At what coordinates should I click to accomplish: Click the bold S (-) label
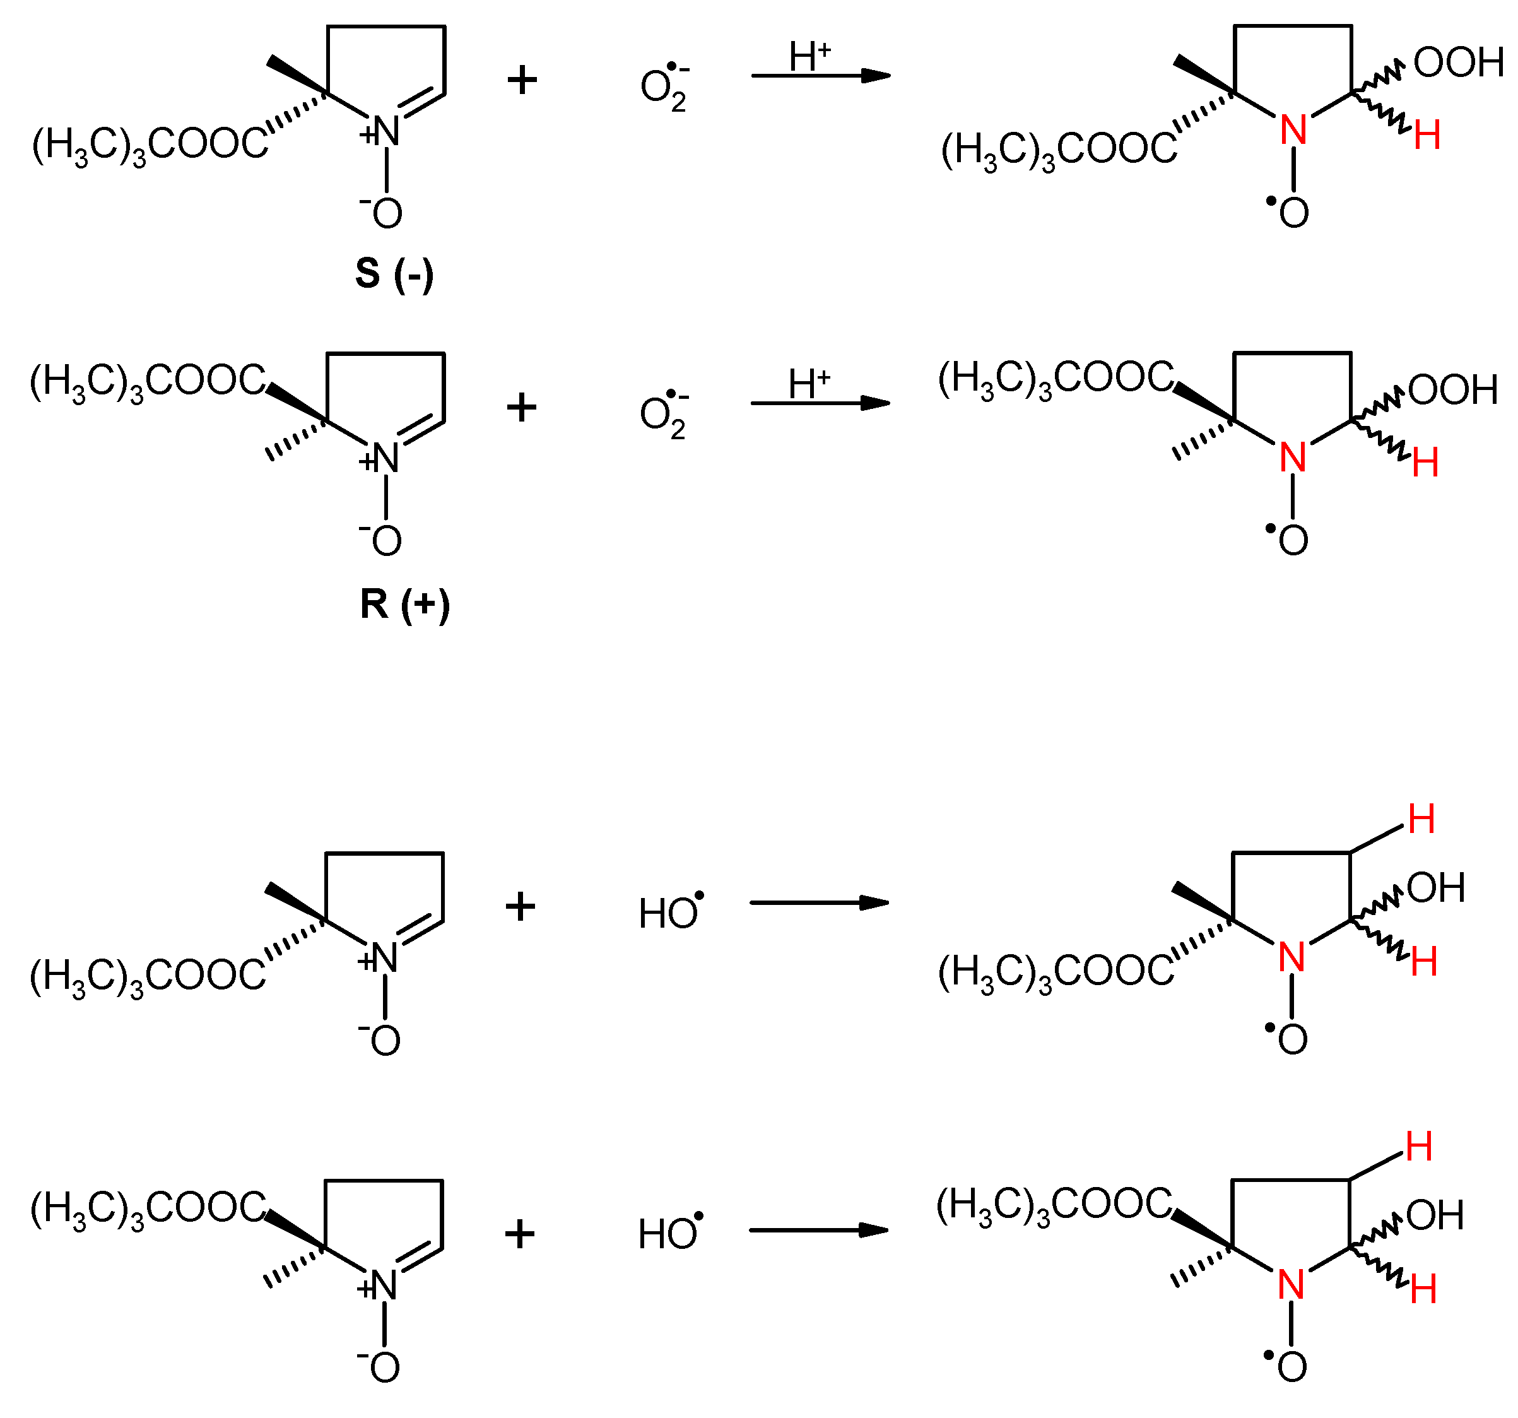pyautogui.click(x=394, y=273)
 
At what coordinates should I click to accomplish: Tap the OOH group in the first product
pyautogui.click(x=1457, y=62)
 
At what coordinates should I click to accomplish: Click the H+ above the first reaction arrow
pyautogui.click(x=809, y=57)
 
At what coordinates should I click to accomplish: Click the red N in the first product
pyautogui.click(x=1293, y=130)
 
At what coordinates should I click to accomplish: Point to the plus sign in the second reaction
pyautogui.click(x=522, y=407)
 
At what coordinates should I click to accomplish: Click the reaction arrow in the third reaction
pyautogui.click(x=820, y=902)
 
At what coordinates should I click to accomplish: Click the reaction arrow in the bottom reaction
pyautogui.click(x=818, y=1230)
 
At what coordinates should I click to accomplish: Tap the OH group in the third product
pyautogui.click(x=1435, y=888)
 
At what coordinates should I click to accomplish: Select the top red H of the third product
pyautogui.click(x=1421, y=819)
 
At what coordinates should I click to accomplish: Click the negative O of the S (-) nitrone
pyautogui.click(x=385, y=213)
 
